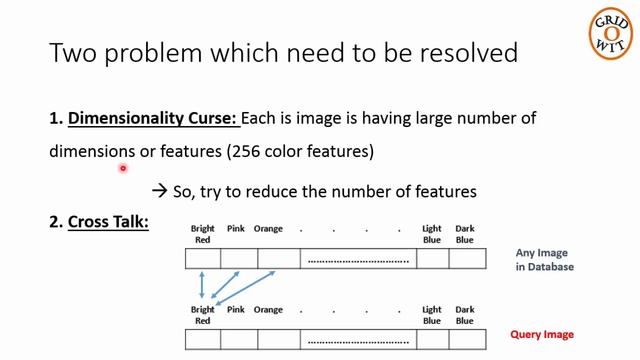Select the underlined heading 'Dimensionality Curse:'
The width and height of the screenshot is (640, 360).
click(x=154, y=118)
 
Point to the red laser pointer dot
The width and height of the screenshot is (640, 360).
click(x=122, y=169)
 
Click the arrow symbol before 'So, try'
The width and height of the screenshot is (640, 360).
click(x=159, y=190)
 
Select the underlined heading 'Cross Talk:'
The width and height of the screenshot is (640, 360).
click(x=108, y=221)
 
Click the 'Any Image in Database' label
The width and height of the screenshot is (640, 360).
click(x=545, y=260)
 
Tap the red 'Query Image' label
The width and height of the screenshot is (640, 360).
click(x=542, y=334)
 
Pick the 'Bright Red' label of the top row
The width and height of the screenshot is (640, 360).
click(x=203, y=234)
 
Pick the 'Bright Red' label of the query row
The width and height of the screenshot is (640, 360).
click(x=203, y=315)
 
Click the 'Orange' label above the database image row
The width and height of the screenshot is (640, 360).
click(x=268, y=229)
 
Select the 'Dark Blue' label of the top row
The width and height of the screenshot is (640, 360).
click(x=465, y=234)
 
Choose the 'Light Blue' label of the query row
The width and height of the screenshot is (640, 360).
click(x=432, y=315)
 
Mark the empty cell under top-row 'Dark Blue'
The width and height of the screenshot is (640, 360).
click(x=467, y=259)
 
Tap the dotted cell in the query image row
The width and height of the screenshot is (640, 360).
click(x=358, y=339)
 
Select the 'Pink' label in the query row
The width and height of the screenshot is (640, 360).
click(x=236, y=310)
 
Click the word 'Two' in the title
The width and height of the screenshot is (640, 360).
click(x=73, y=52)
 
